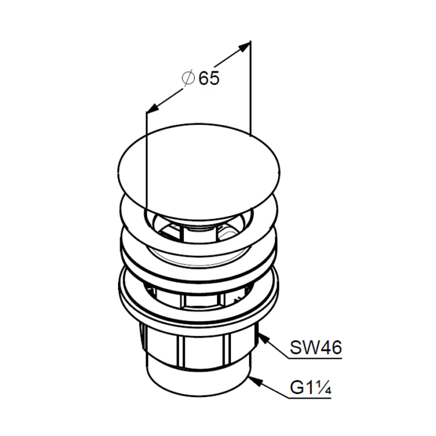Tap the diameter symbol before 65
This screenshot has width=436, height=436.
(x=188, y=78)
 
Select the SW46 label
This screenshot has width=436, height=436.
(x=315, y=347)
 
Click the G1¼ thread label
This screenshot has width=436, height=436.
(x=310, y=387)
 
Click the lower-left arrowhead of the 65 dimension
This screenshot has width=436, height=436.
(x=153, y=108)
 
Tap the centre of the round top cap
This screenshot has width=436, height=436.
(x=198, y=171)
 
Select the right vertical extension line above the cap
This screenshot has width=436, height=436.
(x=251, y=89)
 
